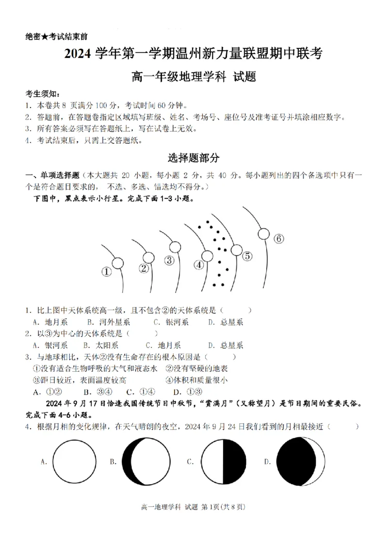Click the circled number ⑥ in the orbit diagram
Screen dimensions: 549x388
(x=278, y=239)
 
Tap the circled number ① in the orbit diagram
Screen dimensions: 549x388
(x=106, y=272)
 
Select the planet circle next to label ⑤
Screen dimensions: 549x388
(x=236, y=250)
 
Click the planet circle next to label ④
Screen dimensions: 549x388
(x=207, y=256)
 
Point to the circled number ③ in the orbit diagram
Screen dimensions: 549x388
(x=169, y=260)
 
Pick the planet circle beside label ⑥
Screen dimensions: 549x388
(x=263, y=234)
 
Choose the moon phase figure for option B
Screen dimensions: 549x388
(x=146, y=462)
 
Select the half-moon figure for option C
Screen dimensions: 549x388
(x=223, y=462)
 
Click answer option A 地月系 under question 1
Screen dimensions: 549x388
(x=50, y=322)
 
